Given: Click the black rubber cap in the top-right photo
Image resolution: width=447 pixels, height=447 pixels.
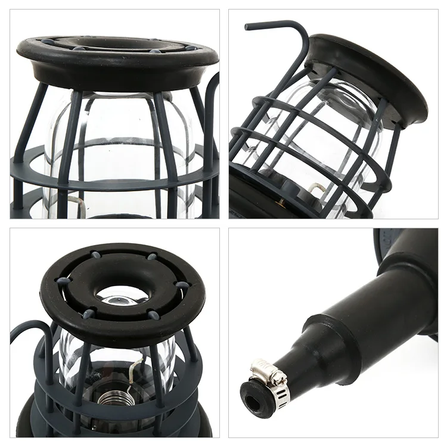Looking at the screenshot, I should [370, 72].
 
